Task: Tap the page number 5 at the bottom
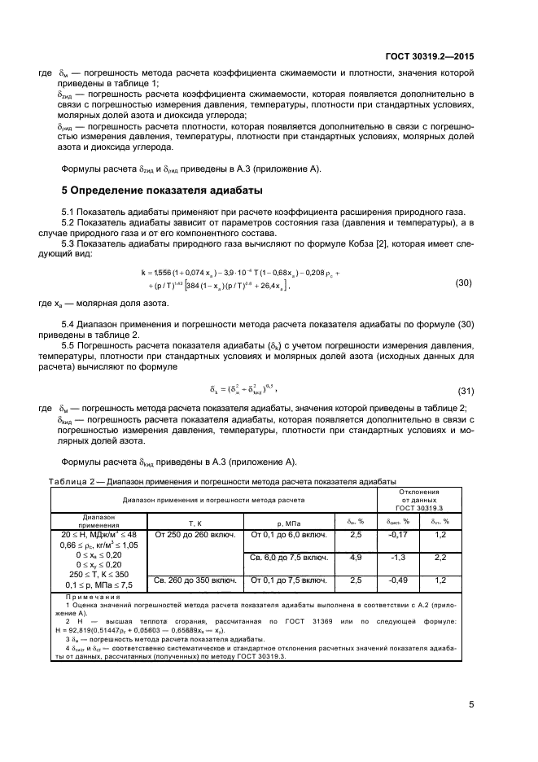point(471,704)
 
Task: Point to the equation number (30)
point(464,282)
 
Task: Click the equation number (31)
point(464,389)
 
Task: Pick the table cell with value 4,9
point(355,558)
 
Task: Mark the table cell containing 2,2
point(440,558)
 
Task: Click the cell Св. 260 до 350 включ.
point(195,580)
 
